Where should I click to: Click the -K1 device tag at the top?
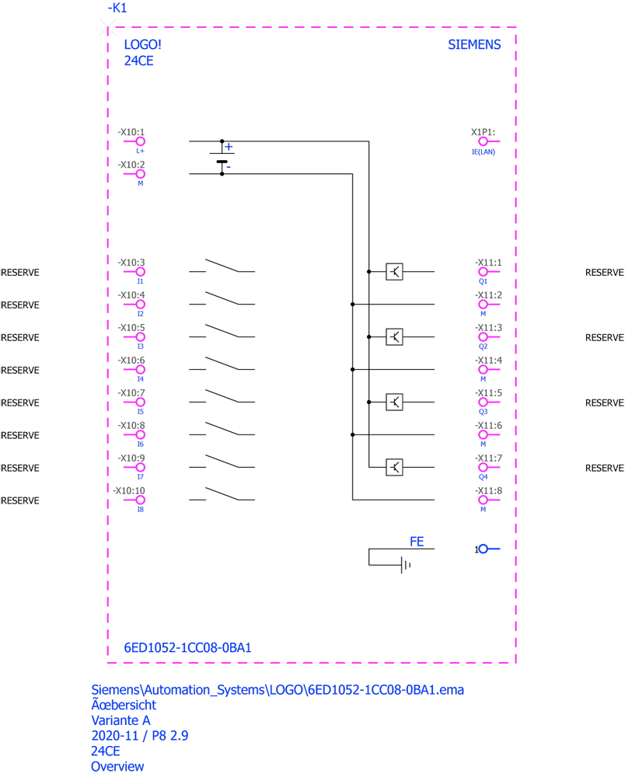(x=117, y=9)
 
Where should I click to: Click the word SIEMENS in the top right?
(x=475, y=45)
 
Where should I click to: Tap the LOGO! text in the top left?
(x=142, y=45)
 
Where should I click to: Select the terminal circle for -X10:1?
(x=140, y=141)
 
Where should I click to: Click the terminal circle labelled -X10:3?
(x=140, y=272)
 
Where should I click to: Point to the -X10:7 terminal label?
(x=131, y=393)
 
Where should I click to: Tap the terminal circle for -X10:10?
(x=140, y=500)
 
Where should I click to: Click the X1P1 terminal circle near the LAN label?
(x=483, y=141)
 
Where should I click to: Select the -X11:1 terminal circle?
(x=483, y=272)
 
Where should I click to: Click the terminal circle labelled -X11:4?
(x=483, y=370)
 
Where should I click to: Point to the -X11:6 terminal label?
(x=489, y=426)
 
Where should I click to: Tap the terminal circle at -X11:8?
(x=483, y=500)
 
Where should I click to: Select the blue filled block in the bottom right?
(x=498, y=561)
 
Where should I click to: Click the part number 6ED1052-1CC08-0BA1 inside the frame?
(x=187, y=648)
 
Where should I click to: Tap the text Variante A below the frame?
(x=120, y=721)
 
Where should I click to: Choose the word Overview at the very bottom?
(x=117, y=767)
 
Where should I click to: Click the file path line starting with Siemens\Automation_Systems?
(x=278, y=690)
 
